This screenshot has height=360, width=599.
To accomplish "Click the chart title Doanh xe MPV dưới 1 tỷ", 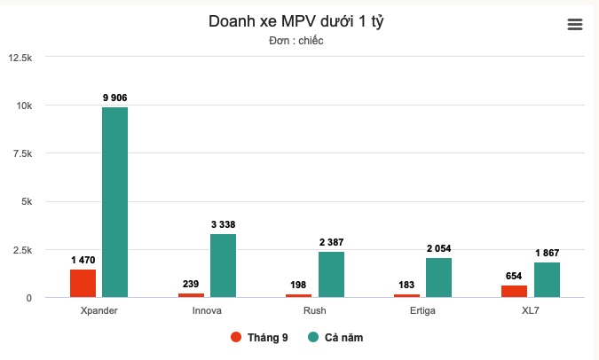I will [x=296, y=21].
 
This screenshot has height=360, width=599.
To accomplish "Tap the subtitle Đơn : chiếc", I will [x=296, y=41].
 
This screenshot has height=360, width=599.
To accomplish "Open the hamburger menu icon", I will [x=575, y=25].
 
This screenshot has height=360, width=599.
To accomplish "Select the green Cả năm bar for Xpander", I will [x=114, y=202].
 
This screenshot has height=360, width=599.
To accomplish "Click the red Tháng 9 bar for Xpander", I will [x=83, y=283].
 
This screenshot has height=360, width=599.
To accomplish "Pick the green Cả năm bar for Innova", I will [x=223, y=265].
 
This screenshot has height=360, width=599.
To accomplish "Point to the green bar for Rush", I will [x=331, y=274].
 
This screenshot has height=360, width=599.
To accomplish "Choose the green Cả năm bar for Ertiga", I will [x=438, y=278].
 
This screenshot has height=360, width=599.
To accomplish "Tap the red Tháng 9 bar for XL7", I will [x=514, y=291].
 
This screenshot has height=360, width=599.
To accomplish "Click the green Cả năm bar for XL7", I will [x=547, y=279].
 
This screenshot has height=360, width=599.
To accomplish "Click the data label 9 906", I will [x=114, y=98].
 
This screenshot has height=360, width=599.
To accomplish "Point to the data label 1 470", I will [x=83, y=260].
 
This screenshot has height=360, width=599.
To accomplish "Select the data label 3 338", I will [x=223, y=224].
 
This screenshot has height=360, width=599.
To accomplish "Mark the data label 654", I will [x=514, y=276].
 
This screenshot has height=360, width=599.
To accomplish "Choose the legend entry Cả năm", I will [x=335, y=337].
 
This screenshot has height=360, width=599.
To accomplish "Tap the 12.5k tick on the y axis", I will [x=20, y=58].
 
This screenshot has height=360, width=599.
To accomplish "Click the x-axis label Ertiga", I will [x=422, y=311].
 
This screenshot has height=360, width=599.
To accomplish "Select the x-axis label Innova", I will [x=207, y=311].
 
